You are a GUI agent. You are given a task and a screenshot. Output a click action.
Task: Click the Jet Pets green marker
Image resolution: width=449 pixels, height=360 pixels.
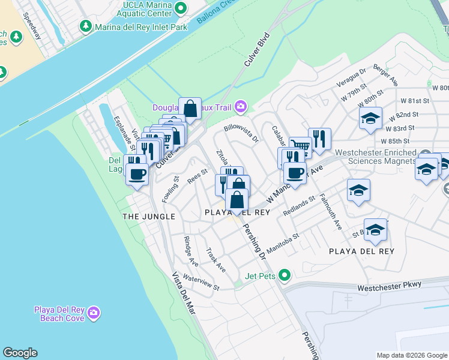click(285, 276)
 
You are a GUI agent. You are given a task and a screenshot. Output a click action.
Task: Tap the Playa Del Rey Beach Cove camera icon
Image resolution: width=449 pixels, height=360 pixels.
click(93, 313)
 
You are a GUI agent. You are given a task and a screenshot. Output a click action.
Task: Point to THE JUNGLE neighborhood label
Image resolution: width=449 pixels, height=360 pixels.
click(149, 216)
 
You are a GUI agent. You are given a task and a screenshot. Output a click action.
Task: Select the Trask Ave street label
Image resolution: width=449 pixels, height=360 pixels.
click(216, 259)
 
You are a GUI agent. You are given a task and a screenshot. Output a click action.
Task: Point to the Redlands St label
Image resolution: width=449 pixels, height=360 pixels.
click(299, 206)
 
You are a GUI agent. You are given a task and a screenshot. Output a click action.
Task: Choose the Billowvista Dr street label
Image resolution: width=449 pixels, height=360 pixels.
click(241, 133)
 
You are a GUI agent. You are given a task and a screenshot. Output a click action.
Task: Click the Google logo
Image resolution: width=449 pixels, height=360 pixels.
click(20, 353)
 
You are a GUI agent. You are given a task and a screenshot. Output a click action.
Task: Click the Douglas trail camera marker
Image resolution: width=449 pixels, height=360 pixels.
click(241, 106)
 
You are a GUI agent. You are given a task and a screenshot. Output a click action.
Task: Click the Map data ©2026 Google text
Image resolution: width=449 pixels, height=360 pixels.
click(412, 355)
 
